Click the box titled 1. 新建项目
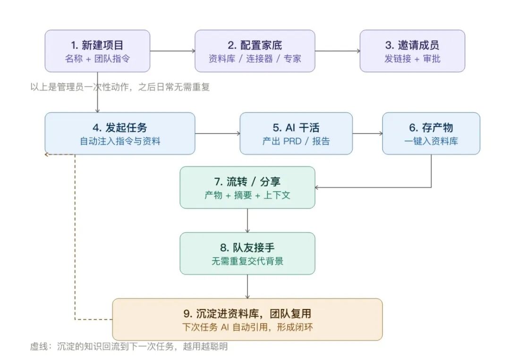coord(97,51)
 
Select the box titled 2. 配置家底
coord(255,51)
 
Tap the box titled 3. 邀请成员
coord(412,51)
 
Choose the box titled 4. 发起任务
coord(119,133)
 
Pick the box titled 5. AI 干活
coord(296,133)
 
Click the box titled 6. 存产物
coord(431,133)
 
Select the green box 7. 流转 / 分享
coord(247,188)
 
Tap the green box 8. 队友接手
coord(247,254)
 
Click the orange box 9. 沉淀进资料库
coord(247,319)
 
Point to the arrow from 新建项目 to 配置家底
coord(172,51)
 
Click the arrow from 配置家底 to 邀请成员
coord(337,51)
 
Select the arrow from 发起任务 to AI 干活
coord(217,133)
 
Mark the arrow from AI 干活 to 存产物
coord(367,133)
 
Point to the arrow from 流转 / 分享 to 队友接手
coord(247,220)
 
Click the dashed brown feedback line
coord(75,237)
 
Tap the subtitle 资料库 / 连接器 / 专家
coord(255,59)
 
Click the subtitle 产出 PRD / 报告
coord(296,141)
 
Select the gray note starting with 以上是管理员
coord(120,87)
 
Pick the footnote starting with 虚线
coord(129,346)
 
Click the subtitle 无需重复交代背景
coord(247,261)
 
